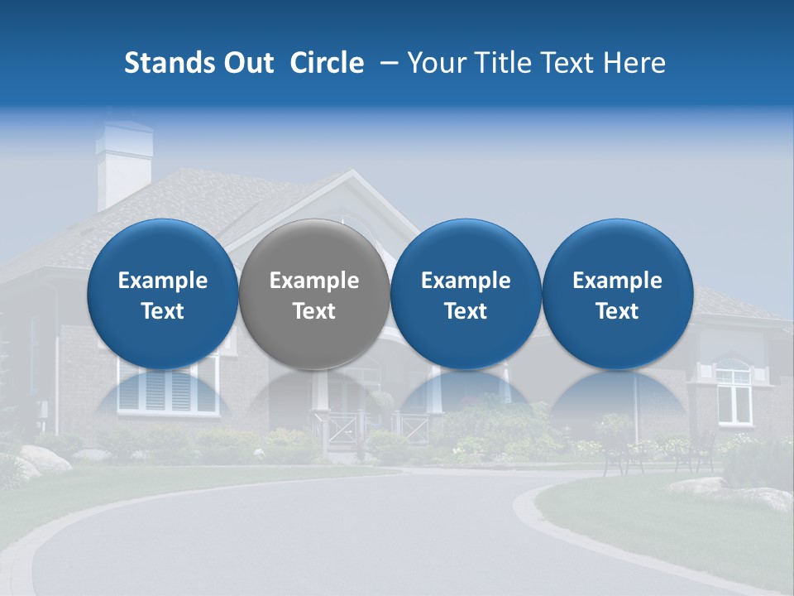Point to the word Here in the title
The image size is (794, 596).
pyautogui.click(x=635, y=63)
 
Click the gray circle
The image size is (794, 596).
pyautogui.click(x=314, y=294)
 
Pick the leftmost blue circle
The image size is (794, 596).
pyautogui.click(x=163, y=294)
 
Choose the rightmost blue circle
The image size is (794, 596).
pyautogui.click(x=618, y=294)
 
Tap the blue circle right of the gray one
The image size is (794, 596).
pyautogui.click(x=466, y=294)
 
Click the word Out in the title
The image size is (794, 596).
pyautogui.click(x=246, y=63)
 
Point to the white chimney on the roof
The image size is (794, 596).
pyautogui.click(x=123, y=166)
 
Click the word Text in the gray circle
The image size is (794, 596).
pyautogui.click(x=314, y=311)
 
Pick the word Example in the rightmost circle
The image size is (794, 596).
pyautogui.click(x=618, y=281)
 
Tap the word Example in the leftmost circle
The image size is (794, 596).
pyautogui.click(x=163, y=281)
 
